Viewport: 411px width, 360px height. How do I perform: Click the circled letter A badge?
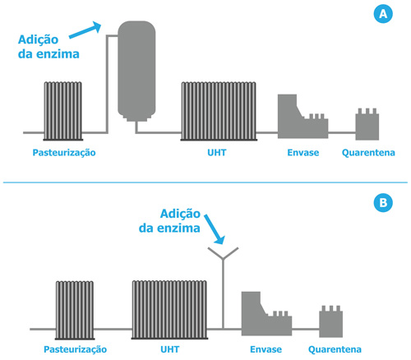pyautogui.click(x=383, y=13)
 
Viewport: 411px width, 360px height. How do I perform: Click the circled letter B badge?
pyautogui.click(x=383, y=203)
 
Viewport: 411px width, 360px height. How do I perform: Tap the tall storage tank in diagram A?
pyautogui.click(x=136, y=72)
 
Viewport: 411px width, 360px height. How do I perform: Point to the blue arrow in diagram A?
pyautogui.click(x=85, y=30)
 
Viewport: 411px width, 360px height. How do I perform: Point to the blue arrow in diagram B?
pyautogui.click(x=215, y=229)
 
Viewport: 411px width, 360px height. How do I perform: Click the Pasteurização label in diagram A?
pyautogui.click(x=64, y=153)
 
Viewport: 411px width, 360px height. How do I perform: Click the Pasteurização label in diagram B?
pyautogui.click(x=76, y=349)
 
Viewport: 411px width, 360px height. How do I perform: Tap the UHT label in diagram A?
pyautogui.click(x=217, y=152)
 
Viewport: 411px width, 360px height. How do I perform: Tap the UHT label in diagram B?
pyautogui.click(x=170, y=349)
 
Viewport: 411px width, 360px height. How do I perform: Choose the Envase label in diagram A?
pyautogui.click(x=303, y=152)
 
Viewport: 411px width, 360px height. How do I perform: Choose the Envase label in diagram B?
pyautogui.click(x=266, y=349)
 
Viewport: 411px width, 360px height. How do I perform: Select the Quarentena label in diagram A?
pyautogui.click(x=368, y=153)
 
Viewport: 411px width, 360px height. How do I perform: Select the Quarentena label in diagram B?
pyautogui.click(x=335, y=349)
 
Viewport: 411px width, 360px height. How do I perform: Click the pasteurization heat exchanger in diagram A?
pyautogui.click(x=63, y=111)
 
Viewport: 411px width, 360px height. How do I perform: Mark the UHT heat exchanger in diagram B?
pyautogui.click(x=169, y=310)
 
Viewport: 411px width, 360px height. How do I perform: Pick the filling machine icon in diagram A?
pyautogui.click(x=302, y=117)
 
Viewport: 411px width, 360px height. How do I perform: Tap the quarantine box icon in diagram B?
pyautogui.click(x=331, y=321)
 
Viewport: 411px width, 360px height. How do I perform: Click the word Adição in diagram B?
pyautogui.click(x=180, y=214)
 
